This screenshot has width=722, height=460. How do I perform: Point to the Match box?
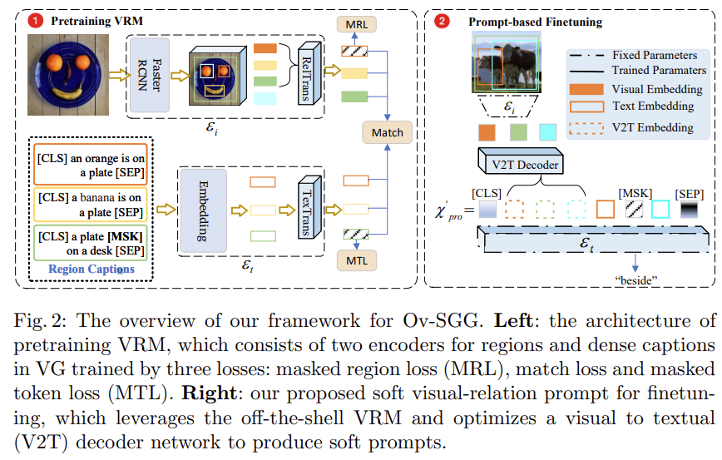387,132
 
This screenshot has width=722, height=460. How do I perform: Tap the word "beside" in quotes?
636,279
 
